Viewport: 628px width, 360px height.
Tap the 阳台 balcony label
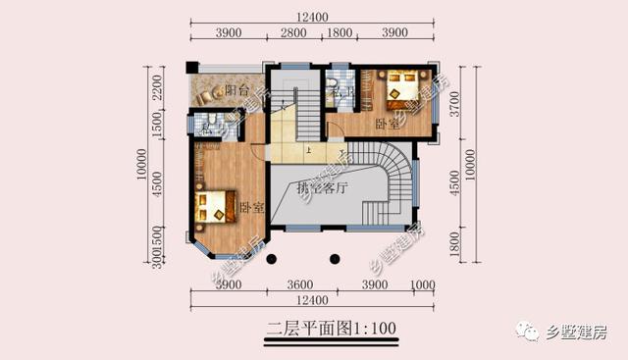[235, 91]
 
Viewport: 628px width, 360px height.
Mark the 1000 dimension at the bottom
[422, 284]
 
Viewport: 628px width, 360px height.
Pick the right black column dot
[335, 260]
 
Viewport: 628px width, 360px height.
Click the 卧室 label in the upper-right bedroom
[388, 125]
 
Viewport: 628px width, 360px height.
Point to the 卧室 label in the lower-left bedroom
[251, 208]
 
